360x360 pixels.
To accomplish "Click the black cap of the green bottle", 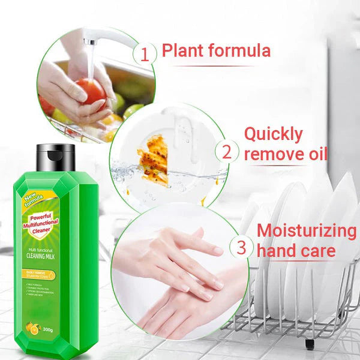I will pos(55,157).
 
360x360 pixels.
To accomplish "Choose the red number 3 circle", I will pos(241,248).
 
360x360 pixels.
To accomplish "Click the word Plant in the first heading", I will pos(182,51).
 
